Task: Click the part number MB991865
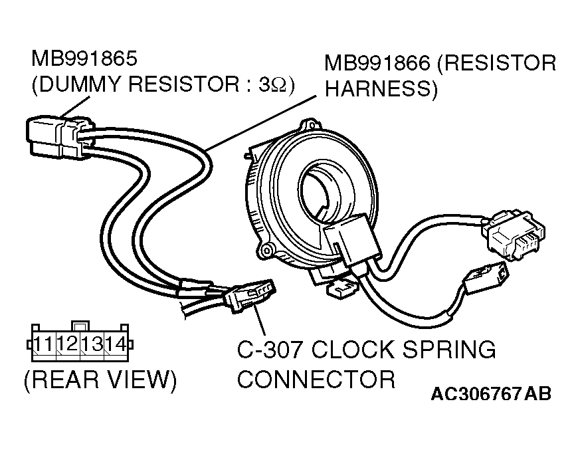[x=84, y=58]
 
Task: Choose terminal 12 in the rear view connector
[x=67, y=344]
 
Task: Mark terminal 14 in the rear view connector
[x=114, y=344]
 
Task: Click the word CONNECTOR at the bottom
[x=316, y=380]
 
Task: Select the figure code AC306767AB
[x=491, y=394]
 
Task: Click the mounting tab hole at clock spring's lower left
[x=267, y=249]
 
